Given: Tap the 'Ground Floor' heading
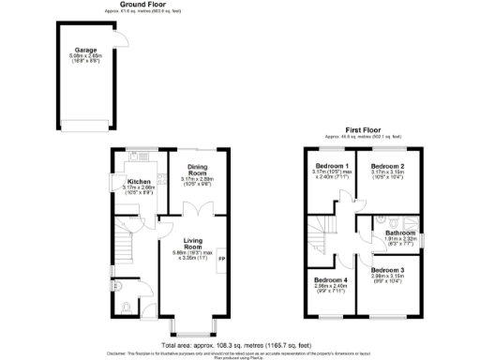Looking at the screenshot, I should point(129,5).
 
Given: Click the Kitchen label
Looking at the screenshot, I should point(140,181).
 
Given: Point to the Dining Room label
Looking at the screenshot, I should point(197,170).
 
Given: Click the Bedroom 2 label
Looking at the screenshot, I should point(386,166).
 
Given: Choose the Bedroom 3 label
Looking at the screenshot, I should point(386,270).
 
